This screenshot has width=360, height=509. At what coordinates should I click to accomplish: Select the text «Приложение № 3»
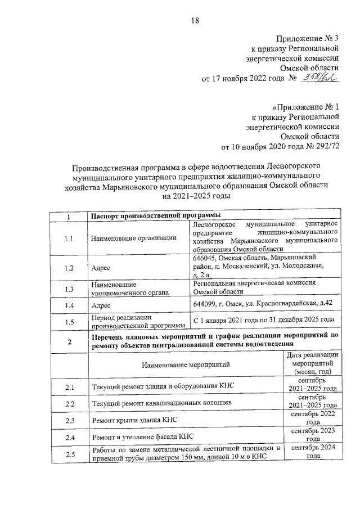point(308,38)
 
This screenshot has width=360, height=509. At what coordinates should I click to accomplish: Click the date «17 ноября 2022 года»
point(244,79)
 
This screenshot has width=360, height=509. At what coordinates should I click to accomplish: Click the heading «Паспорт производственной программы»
point(155,216)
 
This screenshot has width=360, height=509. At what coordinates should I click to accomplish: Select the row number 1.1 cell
point(69,239)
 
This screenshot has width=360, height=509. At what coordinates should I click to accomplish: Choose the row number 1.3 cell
point(69,289)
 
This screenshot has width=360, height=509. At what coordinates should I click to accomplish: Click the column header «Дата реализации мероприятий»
point(312,363)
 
